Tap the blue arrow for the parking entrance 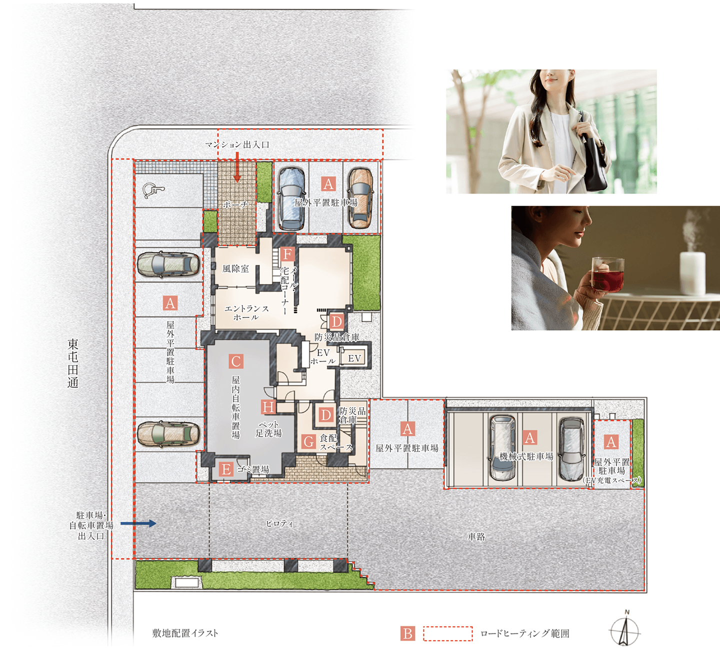[x=138, y=523]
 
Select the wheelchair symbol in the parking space [x=153, y=190]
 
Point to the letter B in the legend [x=407, y=633]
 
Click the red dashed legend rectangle [x=447, y=633]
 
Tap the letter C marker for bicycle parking [x=236, y=361]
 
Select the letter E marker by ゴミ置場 [x=226, y=469]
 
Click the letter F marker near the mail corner [x=287, y=254]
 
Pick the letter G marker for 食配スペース [x=308, y=442]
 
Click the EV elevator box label [x=354, y=358]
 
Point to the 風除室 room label [x=235, y=268]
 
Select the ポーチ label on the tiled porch [x=235, y=204]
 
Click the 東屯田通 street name [x=73, y=363]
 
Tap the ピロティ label [x=279, y=523]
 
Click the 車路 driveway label [x=476, y=537]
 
